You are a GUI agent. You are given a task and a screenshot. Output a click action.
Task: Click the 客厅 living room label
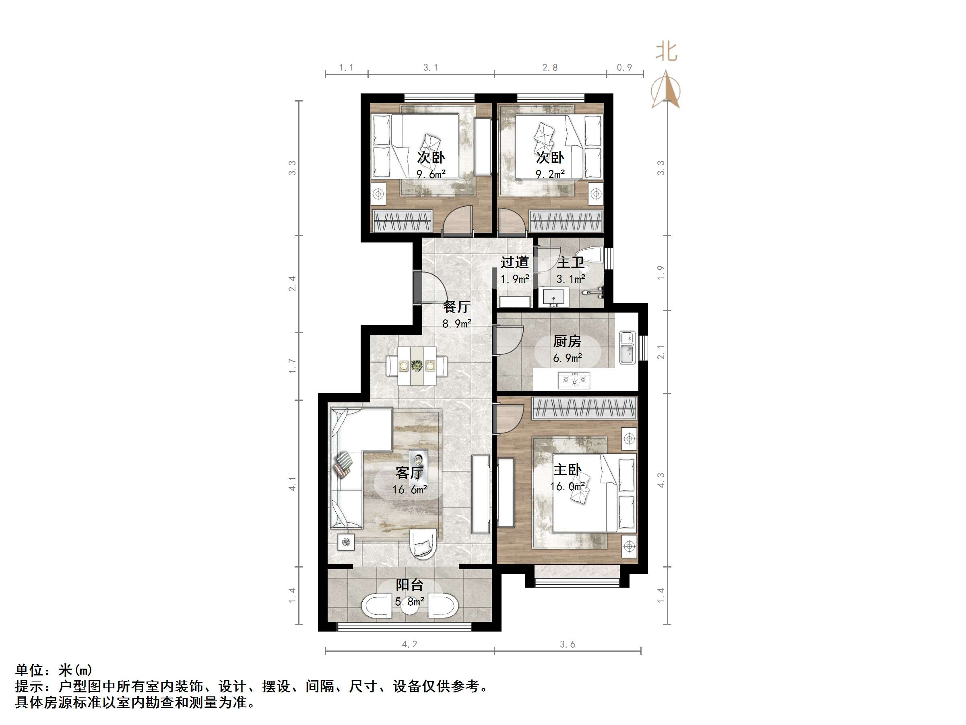409,472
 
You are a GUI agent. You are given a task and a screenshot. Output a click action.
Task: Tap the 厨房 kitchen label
567,341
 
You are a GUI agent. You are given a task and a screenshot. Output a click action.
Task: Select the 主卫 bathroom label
570,262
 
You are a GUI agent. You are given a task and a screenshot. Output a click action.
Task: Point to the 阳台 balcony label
409,585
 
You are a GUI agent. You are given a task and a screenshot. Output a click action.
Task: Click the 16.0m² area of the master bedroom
567,487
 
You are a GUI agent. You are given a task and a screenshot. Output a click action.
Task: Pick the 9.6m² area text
431,174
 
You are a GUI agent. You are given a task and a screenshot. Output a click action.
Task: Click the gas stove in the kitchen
574,380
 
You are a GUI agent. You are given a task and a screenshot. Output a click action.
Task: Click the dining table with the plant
417,365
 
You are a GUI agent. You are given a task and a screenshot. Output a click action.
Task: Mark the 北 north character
666,52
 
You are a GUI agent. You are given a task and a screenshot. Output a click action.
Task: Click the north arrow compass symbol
666,89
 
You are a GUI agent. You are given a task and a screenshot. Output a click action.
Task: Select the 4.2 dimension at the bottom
409,644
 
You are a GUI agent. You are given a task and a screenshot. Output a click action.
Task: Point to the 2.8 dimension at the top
550,67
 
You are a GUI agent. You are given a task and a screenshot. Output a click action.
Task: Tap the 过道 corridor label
514,262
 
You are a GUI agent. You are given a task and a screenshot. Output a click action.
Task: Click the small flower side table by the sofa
346,542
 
